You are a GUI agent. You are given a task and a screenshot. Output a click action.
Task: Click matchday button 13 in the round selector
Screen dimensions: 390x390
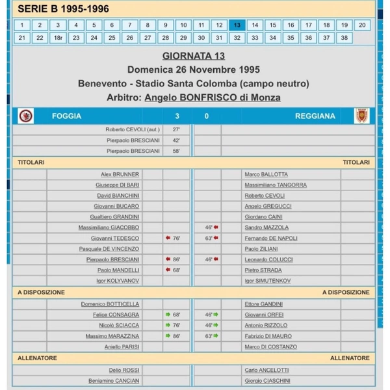point(237,25)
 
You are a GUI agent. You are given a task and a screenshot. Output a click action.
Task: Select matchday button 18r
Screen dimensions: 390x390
point(58,38)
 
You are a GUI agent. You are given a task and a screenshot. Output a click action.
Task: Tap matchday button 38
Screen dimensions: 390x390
point(344,38)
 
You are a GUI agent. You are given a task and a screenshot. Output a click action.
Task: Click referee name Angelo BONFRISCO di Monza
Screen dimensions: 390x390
point(213,97)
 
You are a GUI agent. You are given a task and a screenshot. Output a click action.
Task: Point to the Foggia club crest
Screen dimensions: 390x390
point(26,116)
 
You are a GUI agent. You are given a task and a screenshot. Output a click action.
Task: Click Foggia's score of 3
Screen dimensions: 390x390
point(177,116)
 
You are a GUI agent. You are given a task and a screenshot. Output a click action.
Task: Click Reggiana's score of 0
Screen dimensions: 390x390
point(206,116)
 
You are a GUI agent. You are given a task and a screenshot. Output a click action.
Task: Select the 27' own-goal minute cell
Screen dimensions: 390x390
point(176,129)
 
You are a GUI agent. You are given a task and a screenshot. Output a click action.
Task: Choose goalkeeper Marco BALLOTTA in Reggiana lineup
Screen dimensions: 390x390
point(266,174)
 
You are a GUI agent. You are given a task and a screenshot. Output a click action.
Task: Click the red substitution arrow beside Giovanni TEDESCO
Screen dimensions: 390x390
point(167,238)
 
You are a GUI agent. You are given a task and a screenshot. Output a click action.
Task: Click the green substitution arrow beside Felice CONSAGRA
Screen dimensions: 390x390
point(167,314)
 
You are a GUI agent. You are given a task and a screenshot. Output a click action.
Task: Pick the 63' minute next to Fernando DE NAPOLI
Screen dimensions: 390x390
point(209,238)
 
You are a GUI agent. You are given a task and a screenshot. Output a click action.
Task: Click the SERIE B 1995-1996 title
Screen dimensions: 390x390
point(63,8)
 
